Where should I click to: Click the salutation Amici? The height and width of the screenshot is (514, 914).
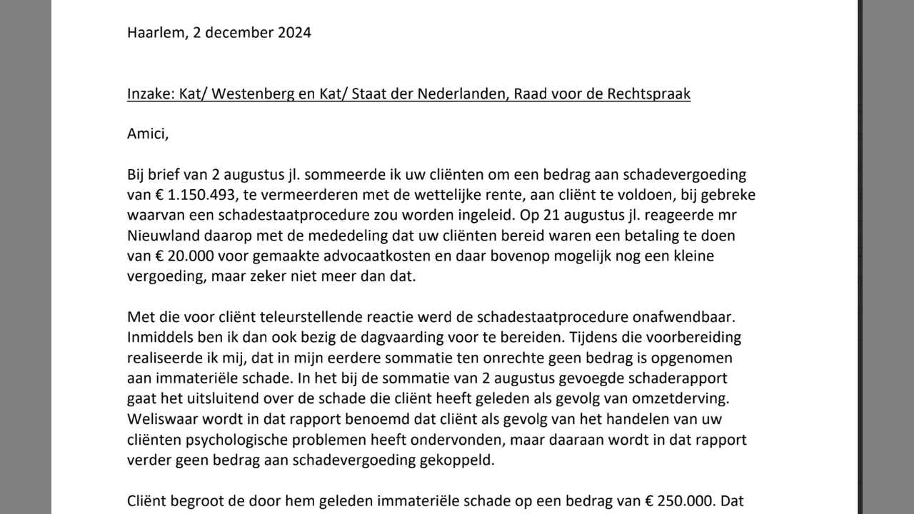pyautogui.click(x=148, y=134)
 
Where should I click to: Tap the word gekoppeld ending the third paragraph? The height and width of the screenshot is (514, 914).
pyautogui.click(x=458, y=460)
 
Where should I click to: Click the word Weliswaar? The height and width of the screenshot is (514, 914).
pyautogui.click(x=161, y=419)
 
